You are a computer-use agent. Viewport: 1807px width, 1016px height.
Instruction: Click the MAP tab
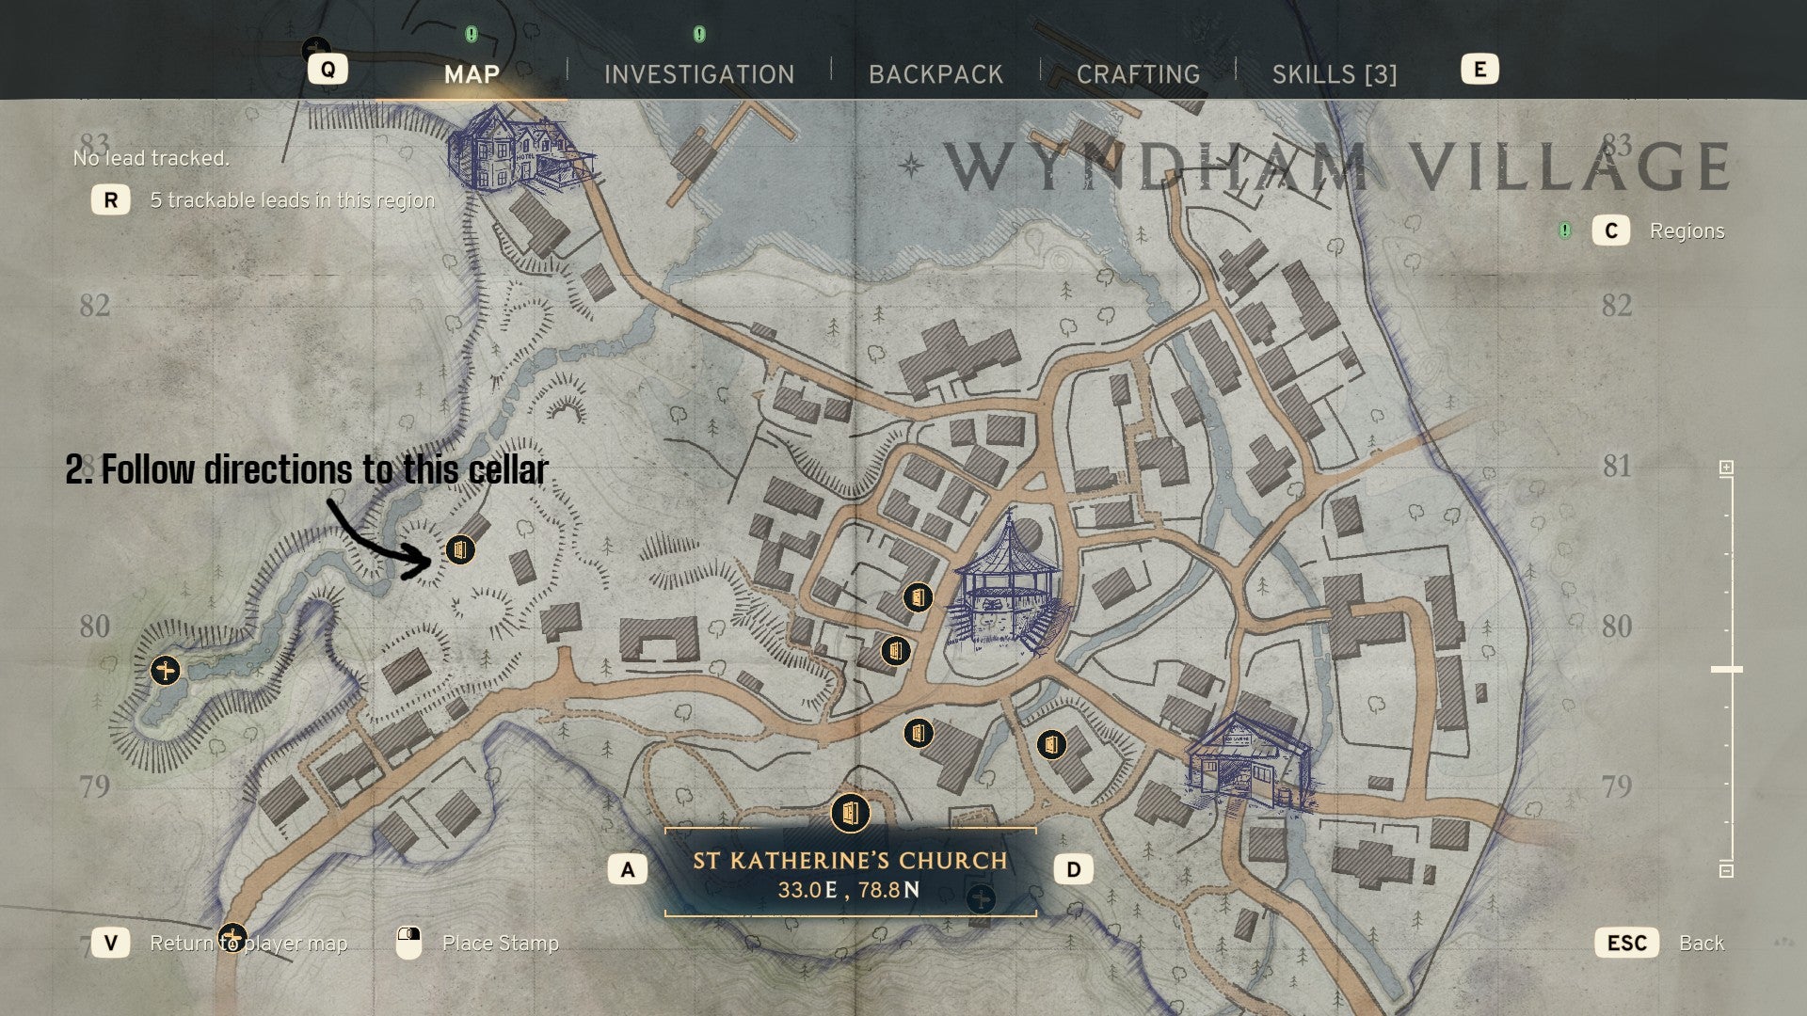(472, 74)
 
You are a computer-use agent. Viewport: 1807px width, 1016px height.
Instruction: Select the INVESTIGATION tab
(698, 74)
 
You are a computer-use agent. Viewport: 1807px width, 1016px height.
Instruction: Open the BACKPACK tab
(935, 74)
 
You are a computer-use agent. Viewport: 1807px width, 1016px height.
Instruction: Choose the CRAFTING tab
(1138, 74)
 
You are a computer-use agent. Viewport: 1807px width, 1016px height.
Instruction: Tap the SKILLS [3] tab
(1334, 74)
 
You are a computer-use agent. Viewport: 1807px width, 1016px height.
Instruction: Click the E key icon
(1479, 70)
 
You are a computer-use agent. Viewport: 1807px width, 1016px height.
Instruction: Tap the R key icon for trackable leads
(111, 199)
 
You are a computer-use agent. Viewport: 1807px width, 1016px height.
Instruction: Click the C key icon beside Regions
(1610, 230)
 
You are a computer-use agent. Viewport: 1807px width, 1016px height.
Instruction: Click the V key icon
(111, 943)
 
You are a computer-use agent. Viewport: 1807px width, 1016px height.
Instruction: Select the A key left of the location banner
(628, 869)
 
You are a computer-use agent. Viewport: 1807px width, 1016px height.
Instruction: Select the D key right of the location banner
(1074, 869)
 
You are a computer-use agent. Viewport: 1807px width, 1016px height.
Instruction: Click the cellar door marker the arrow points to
(459, 549)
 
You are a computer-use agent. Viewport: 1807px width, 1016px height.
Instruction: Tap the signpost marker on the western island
(166, 671)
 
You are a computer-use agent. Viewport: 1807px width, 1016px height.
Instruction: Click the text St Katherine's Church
(850, 860)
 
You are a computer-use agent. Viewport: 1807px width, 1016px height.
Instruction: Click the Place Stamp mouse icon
(408, 943)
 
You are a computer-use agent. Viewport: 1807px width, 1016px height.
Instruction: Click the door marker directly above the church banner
(850, 813)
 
